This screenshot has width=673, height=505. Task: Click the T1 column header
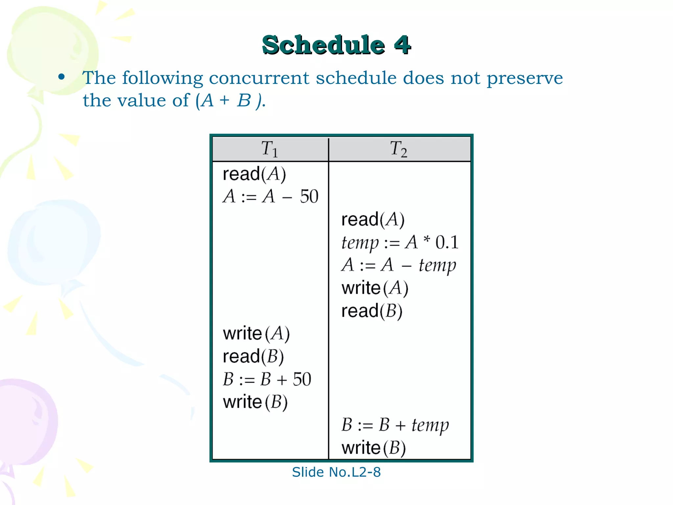click(x=269, y=149)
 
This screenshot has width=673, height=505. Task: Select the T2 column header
click(x=399, y=149)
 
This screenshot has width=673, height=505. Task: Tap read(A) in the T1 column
click(x=254, y=174)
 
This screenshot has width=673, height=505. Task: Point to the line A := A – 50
click(x=270, y=197)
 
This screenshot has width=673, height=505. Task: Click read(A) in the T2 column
click(x=373, y=220)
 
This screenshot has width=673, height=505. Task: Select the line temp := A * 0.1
click(x=400, y=243)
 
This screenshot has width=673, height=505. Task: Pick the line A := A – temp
click(x=399, y=265)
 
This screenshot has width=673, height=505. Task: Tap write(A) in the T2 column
click(x=375, y=288)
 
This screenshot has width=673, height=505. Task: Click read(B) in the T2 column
click(x=372, y=311)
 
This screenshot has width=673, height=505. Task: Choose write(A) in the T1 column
click(x=256, y=334)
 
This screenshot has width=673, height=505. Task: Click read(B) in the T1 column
click(x=253, y=357)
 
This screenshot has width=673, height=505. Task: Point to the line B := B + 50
click(x=267, y=379)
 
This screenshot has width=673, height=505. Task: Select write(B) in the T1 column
click(x=255, y=402)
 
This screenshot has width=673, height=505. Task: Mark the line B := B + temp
click(x=395, y=425)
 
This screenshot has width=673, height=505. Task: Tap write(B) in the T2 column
click(x=374, y=448)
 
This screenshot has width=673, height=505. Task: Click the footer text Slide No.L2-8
click(x=336, y=472)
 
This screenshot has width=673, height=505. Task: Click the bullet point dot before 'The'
click(x=61, y=78)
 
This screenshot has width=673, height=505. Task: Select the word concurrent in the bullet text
click(x=259, y=78)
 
